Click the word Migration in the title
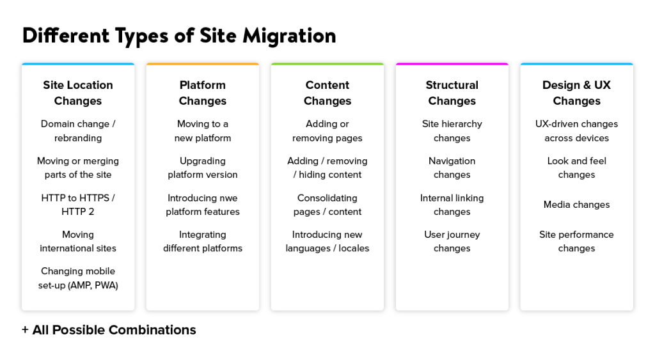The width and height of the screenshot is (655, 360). click(x=289, y=36)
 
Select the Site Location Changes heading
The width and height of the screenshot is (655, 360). click(x=78, y=93)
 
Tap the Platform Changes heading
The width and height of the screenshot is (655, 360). click(x=203, y=93)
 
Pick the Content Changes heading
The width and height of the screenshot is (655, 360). click(x=327, y=93)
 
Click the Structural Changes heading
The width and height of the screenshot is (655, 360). click(x=452, y=93)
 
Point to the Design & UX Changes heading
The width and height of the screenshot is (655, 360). click(x=576, y=93)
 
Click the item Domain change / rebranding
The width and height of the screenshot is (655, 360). click(x=78, y=130)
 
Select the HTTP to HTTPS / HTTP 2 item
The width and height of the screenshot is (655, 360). click(x=78, y=205)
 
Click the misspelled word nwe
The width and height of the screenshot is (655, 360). click(x=228, y=198)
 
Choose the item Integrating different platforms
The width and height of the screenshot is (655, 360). click(x=203, y=242)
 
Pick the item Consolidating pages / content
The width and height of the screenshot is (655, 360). click(x=327, y=205)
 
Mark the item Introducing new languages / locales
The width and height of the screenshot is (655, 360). click(x=327, y=242)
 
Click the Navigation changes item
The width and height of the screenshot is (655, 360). click(x=452, y=168)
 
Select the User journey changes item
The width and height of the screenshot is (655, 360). click(x=452, y=242)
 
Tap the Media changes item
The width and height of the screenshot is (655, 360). click(x=576, y=205)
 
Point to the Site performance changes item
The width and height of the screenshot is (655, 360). click(x=576, y=242)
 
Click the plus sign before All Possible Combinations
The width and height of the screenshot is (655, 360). click(x=25, y=330)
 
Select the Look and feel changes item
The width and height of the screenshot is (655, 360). click(x=576, y=168)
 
